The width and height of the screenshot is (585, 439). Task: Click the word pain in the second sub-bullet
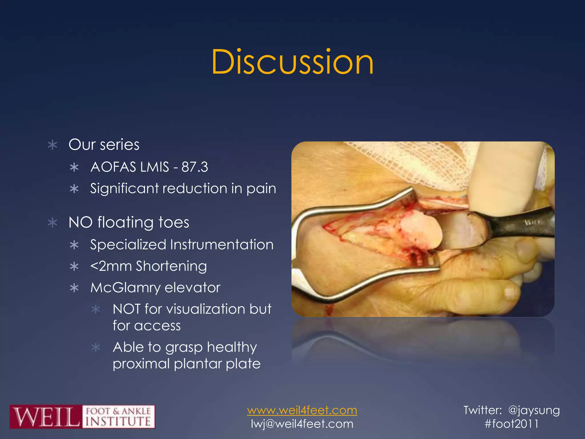pos(261,189)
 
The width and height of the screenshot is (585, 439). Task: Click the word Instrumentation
pos(222,245)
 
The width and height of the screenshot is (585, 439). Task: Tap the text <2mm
pos(111,266)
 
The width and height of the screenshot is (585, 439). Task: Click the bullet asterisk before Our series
pos(53,145)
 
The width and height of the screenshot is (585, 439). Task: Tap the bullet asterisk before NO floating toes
pos(53,223)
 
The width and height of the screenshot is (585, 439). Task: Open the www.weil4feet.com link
pos(302,410)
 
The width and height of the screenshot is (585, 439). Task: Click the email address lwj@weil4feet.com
pos(302,424)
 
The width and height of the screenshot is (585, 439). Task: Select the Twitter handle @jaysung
pos(534,410)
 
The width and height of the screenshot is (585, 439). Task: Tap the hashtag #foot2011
pos(511,424)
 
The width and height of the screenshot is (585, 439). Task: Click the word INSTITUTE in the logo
pos(118,422)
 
